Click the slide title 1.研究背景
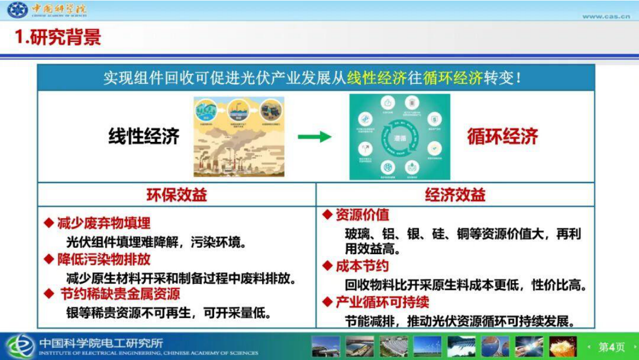pos(58,37)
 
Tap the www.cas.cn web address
pos(606,16)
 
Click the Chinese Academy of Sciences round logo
pos(17,10)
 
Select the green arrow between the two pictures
pos(315,137)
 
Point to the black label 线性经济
pos(143,136)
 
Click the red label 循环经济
pos(502,136)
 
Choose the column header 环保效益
pos(177,195)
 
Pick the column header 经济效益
pos(455,195)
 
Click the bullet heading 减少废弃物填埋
pos(104,222)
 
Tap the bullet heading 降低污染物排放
pos(104,259)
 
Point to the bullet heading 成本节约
pos(362,266)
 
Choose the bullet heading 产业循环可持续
pos(382,302)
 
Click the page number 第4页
pos(612,347)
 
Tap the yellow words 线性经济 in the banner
pos(376,78)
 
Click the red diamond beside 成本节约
pos(328,265)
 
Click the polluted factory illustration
pos(239,137)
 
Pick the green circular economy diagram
pos(400,137)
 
